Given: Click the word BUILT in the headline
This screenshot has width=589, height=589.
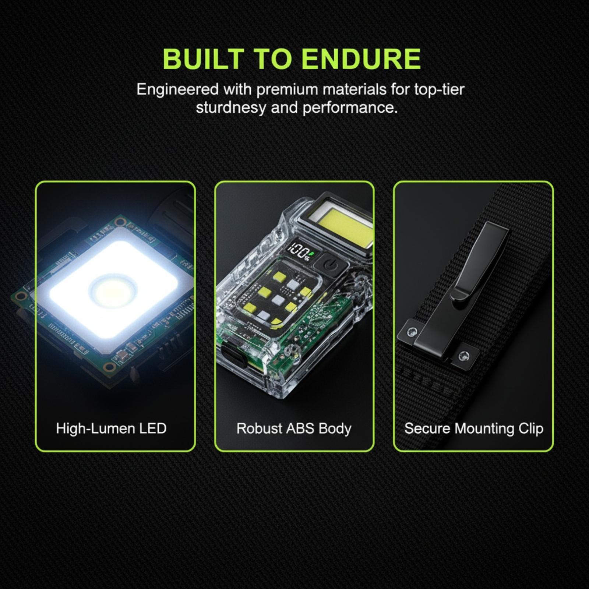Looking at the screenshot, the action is tap(203, 59).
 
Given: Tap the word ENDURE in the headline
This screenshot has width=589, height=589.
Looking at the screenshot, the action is tap(361, 59).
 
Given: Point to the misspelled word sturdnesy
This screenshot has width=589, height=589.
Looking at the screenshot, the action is tap(230, 108).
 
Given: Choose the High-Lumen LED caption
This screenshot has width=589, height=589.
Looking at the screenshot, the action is tap(111, 428).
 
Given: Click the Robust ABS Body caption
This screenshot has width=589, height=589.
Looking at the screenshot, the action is tap(294, 429).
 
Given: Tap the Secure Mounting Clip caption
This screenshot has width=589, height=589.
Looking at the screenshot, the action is tap(474, 429).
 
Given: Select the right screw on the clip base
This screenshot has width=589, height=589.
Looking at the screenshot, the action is tap(463, 356).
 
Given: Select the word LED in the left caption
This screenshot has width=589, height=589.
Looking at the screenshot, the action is tap(153, 428).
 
